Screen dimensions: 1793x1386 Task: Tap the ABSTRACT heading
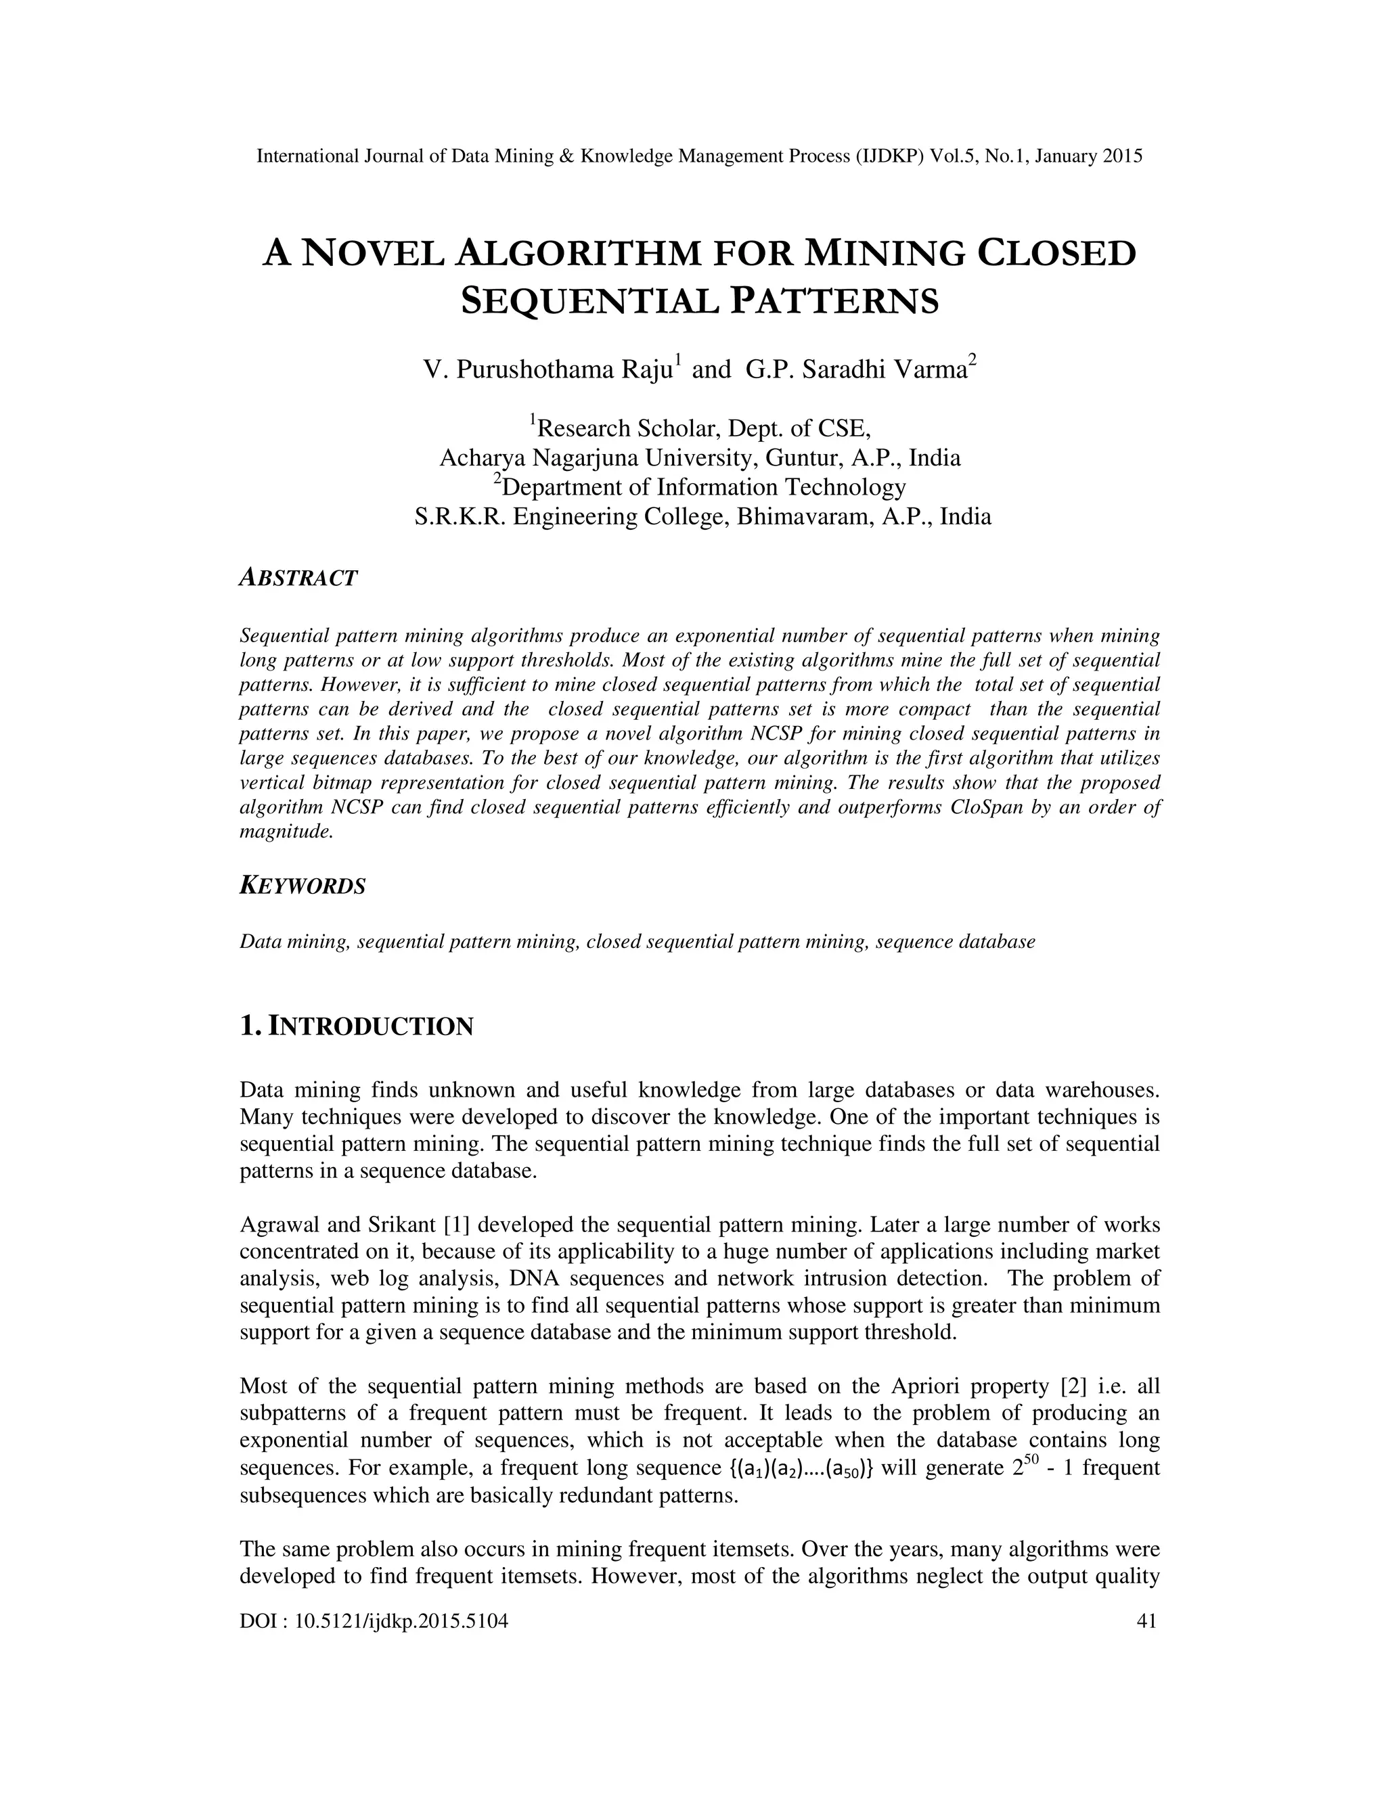298,578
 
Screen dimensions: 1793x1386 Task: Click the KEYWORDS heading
302,886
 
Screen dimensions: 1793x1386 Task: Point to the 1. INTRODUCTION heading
357,1026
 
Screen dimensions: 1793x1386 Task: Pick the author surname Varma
929,370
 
